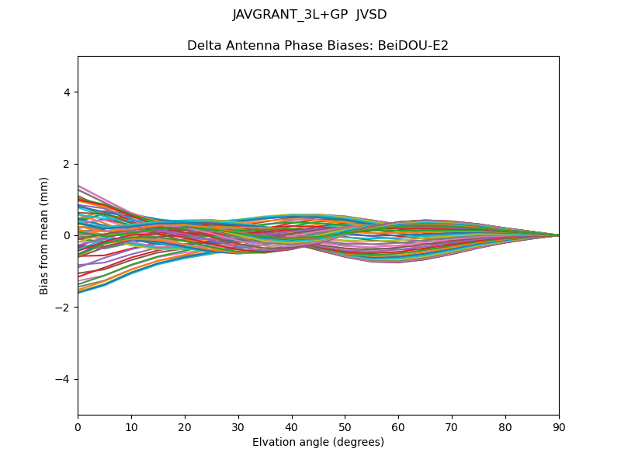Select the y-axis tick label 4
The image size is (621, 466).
tap(67, 92)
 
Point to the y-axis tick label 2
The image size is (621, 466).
tap(67, 164)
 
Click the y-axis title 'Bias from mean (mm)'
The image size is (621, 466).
tap(45, 235)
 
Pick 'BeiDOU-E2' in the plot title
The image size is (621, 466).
tap(413, 46)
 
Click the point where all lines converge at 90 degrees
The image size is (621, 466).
tap(559, 235)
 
